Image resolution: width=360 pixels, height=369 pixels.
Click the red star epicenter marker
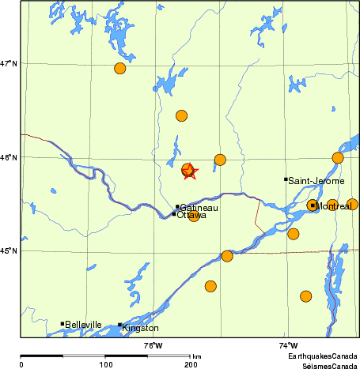point(190,171)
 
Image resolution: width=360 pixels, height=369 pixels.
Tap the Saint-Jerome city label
point(316,181)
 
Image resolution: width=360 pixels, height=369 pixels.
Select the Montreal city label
point(332,206)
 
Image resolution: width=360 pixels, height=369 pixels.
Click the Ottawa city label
point(191,215)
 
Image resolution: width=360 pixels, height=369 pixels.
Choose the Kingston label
point(140,328)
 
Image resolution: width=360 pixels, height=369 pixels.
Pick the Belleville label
point(84,325)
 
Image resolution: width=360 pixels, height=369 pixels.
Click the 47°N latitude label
point(9,63)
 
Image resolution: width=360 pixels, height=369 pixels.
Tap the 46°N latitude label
point(9,157)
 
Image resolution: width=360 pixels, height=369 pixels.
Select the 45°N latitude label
point(9,251)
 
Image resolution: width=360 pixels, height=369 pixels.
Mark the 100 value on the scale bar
point(105,364)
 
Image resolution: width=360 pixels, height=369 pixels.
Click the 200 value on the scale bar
point(190,364)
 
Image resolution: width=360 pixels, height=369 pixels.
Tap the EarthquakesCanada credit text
point(321,357)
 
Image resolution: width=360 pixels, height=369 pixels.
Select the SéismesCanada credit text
point(322,365)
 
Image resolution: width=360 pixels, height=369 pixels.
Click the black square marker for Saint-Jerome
point(286,179)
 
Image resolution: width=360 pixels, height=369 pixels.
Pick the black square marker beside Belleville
point(63,323)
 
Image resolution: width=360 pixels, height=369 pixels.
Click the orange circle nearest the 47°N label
point(119,68)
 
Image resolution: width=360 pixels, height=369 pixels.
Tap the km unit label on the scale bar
point(196,356)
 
